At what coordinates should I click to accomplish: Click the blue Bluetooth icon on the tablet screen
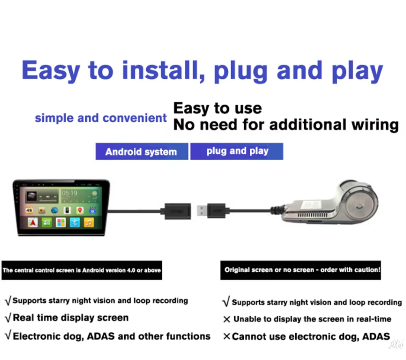(x=75, y=222)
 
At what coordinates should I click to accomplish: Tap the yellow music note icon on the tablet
(x=89, y=222)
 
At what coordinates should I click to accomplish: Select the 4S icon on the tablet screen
(x=29, y=210)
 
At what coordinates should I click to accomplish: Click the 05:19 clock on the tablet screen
(x=69, y=193)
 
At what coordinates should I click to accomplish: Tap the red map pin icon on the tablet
(x=80, y=210)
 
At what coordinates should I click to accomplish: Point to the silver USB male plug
(x=202, y=211)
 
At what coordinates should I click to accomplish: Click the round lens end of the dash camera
(x=360, y=206)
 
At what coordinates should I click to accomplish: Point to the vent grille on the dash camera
(x=313, y=215)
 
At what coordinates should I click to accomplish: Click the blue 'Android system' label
(x=142, y=151)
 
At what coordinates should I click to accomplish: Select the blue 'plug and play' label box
(x=237, y=151)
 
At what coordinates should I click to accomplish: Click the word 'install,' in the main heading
(x=164, y=70)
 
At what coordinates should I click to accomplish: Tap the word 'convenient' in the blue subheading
(x=135, y=118)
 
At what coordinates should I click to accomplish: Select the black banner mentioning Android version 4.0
(x=82, y=270)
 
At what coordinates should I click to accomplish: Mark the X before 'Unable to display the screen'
(x=226, y=319)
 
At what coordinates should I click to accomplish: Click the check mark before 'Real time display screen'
(x=8, y=318)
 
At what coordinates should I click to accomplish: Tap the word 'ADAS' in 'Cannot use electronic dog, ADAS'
(x=376, y=337)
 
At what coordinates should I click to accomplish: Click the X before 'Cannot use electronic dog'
(x=226, y=337)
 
